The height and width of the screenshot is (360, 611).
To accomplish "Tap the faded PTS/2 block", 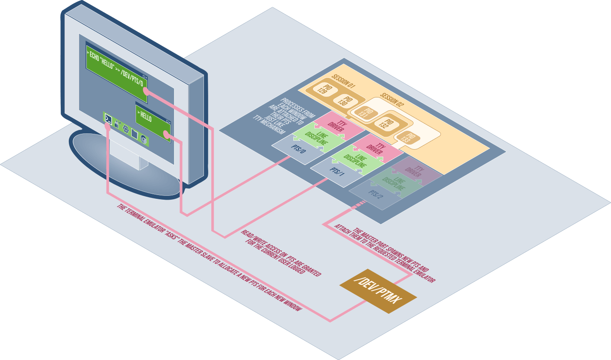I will pos(375,195).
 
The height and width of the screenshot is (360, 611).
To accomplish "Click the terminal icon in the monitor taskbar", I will pos(109,118).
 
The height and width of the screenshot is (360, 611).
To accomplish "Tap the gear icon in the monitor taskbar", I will pos(126,128).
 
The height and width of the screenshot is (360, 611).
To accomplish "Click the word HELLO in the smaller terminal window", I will pos(146,117).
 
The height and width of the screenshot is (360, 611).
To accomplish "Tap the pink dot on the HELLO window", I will pos(167,136).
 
